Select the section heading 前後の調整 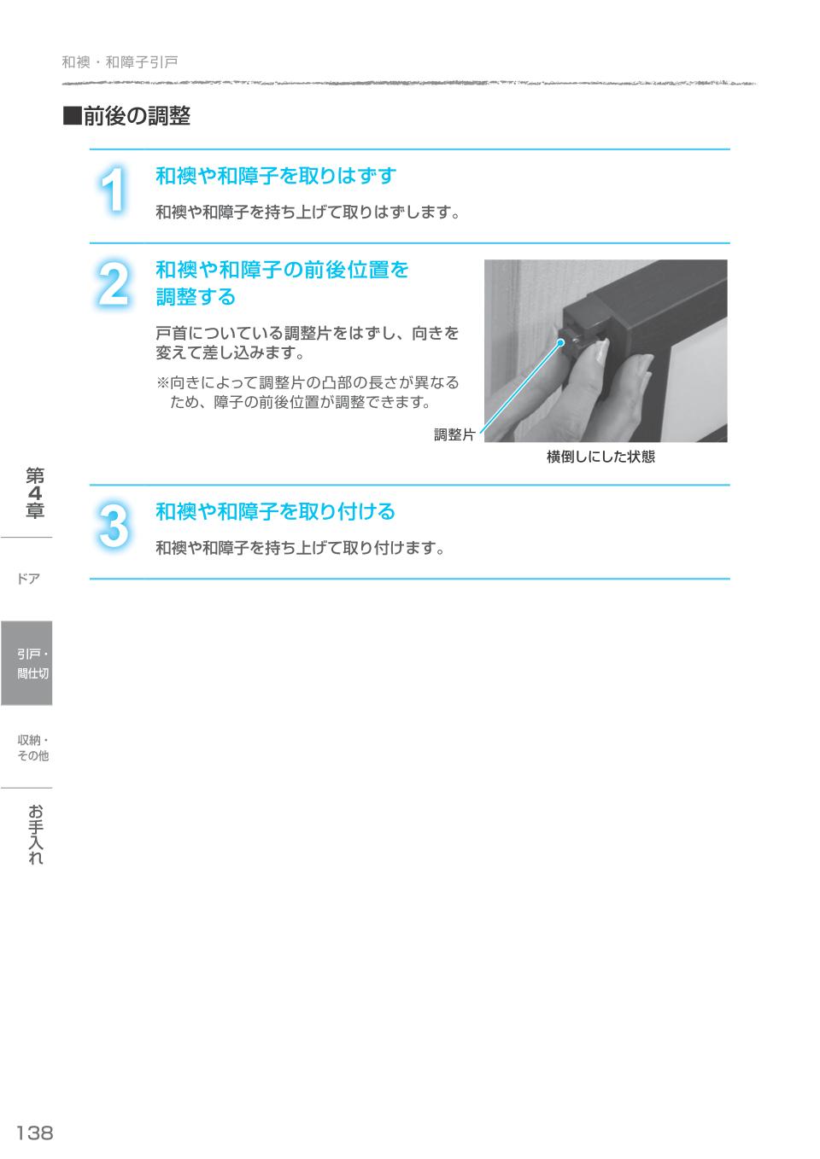(137, 117)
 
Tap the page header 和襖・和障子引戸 (120, 62)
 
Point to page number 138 (35, 1133)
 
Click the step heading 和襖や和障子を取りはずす (275, 177)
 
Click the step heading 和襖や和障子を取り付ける (275, 512)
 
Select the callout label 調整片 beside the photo (454, 435)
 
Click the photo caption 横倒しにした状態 (600, 457)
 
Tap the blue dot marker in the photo (561, 343)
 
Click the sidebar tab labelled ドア (28, 579)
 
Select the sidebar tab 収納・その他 (32, 748)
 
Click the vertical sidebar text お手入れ (35, 835)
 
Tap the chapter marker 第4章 (35, 493)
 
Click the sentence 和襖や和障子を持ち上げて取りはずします (307, 213)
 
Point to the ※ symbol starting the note (162, 383)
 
